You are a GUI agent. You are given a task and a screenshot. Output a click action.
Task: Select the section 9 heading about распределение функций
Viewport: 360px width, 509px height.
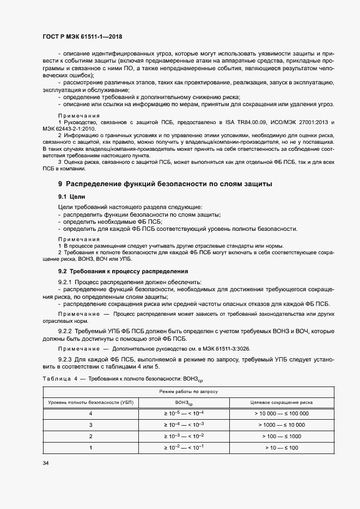coord(165,184)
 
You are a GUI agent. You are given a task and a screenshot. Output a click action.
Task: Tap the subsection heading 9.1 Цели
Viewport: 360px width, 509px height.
coord(72,196)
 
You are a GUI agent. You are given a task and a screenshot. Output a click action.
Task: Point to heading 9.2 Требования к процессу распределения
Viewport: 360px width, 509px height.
coord(123,271)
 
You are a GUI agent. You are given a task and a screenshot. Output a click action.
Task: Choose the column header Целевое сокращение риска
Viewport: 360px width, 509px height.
coord(281,402)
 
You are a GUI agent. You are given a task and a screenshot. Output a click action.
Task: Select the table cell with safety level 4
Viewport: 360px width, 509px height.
coord(90,414)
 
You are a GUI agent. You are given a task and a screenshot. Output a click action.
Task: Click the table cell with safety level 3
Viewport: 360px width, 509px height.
coord(90,425)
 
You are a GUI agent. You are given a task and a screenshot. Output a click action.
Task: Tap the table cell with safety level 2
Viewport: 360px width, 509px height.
coord(90,437)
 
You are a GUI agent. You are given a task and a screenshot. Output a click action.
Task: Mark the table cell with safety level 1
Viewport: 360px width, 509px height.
coord(90,447)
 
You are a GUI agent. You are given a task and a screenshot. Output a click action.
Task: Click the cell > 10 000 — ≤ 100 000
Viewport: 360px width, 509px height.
coord(281,414)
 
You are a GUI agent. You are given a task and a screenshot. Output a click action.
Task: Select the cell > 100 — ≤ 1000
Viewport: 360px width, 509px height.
coord(281,437)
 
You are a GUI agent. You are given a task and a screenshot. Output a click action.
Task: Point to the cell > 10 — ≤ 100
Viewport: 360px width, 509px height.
coord(281,447)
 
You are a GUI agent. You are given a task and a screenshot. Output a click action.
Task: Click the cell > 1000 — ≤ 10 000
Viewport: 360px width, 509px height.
coord(281,425)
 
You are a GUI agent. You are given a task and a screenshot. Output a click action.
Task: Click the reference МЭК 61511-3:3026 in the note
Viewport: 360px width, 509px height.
coord(219,348)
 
